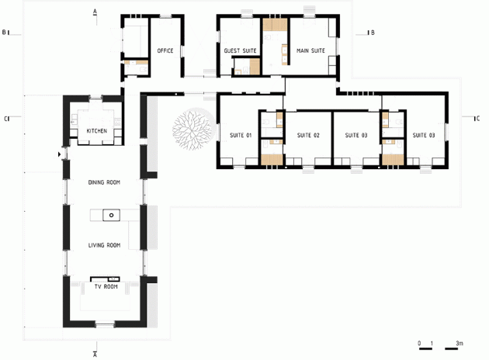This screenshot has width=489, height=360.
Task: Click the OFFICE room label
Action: [x=165, y=50]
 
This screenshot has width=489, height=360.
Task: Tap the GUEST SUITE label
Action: [x=240, y=50]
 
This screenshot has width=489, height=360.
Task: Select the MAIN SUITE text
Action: [x=310, y=50]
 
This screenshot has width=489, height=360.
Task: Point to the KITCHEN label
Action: [x=97, y=131]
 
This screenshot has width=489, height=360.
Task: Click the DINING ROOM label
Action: [x=104, y=182]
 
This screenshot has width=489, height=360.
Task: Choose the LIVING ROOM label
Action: [x=104, y=245]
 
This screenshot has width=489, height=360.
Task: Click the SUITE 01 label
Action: [x=241, y=136]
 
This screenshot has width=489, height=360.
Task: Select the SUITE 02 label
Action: [x=308, y=136]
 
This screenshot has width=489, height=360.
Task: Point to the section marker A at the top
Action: [x=95, y=12]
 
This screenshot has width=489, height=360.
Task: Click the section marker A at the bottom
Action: [x=95, y=355]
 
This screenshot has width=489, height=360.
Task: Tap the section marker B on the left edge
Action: [x=4, y=33]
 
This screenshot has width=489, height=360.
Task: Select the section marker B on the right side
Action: [x=373, y=33]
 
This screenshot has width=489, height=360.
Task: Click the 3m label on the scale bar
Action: [x=460, y=343]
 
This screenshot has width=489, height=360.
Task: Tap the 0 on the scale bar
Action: [x=419, y=343]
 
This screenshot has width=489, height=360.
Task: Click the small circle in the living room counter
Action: [x=111, y=214]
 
